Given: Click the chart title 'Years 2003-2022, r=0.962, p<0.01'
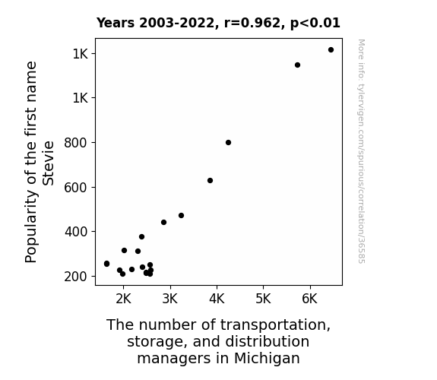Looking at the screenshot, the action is coord(218,23).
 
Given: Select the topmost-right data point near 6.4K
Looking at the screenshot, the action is coord(331,50).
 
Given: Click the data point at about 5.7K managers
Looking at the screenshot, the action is coord(297,65).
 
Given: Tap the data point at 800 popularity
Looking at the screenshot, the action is coord(228,142).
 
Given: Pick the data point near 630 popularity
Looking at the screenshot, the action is coord(210,181).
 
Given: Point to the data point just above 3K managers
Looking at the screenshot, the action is coord(181,216).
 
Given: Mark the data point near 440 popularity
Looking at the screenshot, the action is coord(164,222).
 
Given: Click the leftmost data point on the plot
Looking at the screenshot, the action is coord(106,264).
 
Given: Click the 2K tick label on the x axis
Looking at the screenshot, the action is coord(123,299).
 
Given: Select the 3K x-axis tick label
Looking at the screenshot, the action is coord(170,299).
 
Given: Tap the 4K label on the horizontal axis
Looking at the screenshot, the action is coord(217,299).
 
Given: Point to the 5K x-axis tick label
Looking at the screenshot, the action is coord(264,299).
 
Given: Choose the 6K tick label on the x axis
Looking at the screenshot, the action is coord(310,299).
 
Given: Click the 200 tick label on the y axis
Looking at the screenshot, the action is coord(76,277).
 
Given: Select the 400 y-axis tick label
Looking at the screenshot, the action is coord(76,232).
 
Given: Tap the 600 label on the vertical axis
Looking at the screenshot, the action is coord(76,188).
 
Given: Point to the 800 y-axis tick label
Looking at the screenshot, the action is coord(76,143).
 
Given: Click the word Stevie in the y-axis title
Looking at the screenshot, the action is coord(48,163).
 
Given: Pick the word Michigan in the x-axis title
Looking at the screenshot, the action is coord(267,358).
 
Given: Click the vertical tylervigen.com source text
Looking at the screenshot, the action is coord(361,151).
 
